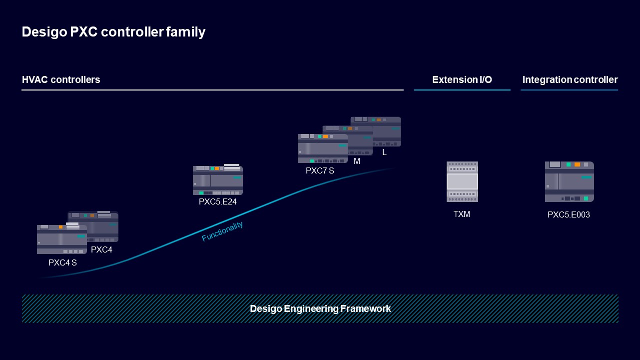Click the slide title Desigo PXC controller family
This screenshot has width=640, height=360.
(113, 32)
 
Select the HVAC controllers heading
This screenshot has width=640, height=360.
(61, 79)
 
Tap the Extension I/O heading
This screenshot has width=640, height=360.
(462, 79)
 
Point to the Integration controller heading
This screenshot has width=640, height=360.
(570, 79)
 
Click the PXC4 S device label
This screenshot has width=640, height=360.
(62, 262)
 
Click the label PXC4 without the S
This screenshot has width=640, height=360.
(101, 249)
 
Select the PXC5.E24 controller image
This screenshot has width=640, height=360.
(217, 180)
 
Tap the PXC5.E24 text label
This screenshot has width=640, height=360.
(217, 202)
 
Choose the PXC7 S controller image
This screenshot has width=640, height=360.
(322, 148)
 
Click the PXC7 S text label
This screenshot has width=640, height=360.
(320, 170)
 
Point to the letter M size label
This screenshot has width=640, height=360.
(357, 161)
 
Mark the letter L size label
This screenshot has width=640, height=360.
(384, 152)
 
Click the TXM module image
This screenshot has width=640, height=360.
(462, 181)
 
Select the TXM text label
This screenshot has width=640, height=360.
(462, 214)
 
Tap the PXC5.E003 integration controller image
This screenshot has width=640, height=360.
(569, 181)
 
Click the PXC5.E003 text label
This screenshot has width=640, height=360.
(569, 214)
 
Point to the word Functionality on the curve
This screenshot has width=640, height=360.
(222, 231)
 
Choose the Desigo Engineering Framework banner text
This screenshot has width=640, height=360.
(320, 308)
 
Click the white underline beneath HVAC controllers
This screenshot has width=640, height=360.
(212, 90)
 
